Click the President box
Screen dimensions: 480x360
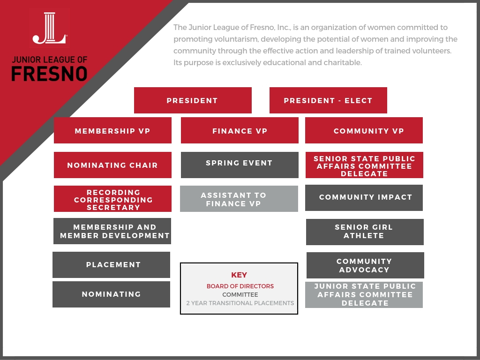[193, 100]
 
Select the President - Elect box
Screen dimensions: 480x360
[328, 100]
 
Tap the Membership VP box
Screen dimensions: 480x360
[112, 130]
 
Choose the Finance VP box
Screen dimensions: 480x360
[240, 130]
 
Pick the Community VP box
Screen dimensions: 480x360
[364, 130]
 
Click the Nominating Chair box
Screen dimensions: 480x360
[112, 165]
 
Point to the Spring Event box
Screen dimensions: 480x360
[240, 165]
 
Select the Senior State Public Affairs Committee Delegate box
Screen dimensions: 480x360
[364, 165]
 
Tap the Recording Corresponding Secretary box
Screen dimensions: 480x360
[112, 199]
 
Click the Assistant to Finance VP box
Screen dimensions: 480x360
[239, 199]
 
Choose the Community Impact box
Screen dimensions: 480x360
[364, 198]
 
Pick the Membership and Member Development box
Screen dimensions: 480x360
[112, 231]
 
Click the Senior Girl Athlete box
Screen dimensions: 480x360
[365, 232]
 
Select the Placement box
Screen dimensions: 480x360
[112, 265]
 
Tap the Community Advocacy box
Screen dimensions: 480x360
[365, 265]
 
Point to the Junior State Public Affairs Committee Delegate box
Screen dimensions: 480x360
[364, 295]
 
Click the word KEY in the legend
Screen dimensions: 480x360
[239, 275]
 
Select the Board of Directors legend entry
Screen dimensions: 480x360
[240, 286]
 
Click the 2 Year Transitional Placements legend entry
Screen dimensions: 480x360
[240, 303]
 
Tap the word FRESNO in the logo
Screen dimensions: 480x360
[49, 74]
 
